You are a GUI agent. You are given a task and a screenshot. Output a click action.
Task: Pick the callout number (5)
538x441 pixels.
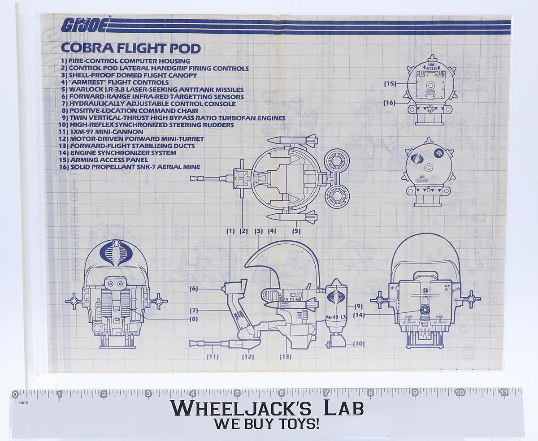coord(296,231)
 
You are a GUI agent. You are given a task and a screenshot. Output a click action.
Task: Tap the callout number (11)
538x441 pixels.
coord(213,357)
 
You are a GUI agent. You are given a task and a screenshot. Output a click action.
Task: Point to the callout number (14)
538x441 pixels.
coord(359,315)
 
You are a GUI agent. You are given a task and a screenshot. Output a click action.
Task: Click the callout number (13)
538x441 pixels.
coord(285,357)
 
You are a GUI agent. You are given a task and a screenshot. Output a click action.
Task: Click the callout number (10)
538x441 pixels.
coord(357,344)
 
